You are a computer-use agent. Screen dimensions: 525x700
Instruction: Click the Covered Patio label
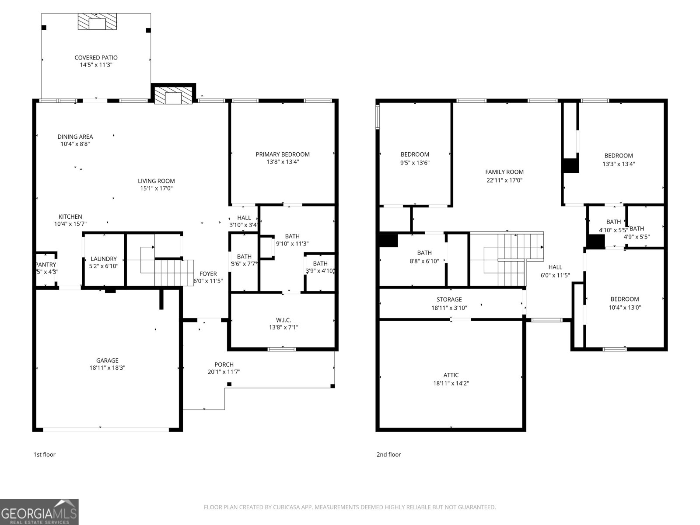pyautogui.click(x=96, y=57)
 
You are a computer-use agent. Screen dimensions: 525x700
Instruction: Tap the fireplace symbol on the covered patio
pyautogui.click(x=98, y=22)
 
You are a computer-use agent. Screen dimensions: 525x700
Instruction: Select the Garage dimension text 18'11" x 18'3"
pyautogui.click(x=107, y=368)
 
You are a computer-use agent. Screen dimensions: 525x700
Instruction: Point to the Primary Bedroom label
pyautogui.click(x=283, y=154)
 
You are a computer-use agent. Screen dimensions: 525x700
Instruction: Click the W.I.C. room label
pyautogui.click(x=283, y=320)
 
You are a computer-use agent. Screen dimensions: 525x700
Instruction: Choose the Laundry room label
pyautogui.click(x=104, y=259)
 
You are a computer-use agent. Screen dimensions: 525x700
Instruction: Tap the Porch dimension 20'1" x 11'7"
pyautogui.click(x=224, y=372)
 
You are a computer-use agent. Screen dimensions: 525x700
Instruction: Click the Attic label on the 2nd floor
pyautogui.click(x=451, y=375)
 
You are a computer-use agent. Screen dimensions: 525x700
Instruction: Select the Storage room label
pyautogui.click(x=449, y=300)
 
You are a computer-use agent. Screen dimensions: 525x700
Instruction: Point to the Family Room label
pyautogui.click(x=504, y=172)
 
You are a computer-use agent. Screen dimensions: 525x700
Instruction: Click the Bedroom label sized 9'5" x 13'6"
pyautogui.click(x=415, y=154)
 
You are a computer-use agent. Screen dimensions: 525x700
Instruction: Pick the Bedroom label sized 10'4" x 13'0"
pyautogui.click(x=625, y=299)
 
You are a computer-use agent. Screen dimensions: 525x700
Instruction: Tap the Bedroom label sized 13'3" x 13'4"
pyautogui.click(x=619, y=156)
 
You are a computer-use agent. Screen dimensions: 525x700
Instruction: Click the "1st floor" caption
pyautogui.click(x=45, y=455)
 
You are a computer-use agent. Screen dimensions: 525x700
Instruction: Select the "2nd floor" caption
pyautogui.click(x=388, y=455)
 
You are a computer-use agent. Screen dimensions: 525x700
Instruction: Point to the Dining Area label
pyautogui.click(x=75, y=136)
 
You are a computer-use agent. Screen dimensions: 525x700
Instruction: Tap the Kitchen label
pyautogui.click(x=70, y=217)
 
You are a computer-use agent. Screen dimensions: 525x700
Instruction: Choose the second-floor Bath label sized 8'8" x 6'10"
pyautogui.click(x=424, y=253)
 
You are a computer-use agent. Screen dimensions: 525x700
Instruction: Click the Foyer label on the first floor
pyautogui.click(x=208, y=274)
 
